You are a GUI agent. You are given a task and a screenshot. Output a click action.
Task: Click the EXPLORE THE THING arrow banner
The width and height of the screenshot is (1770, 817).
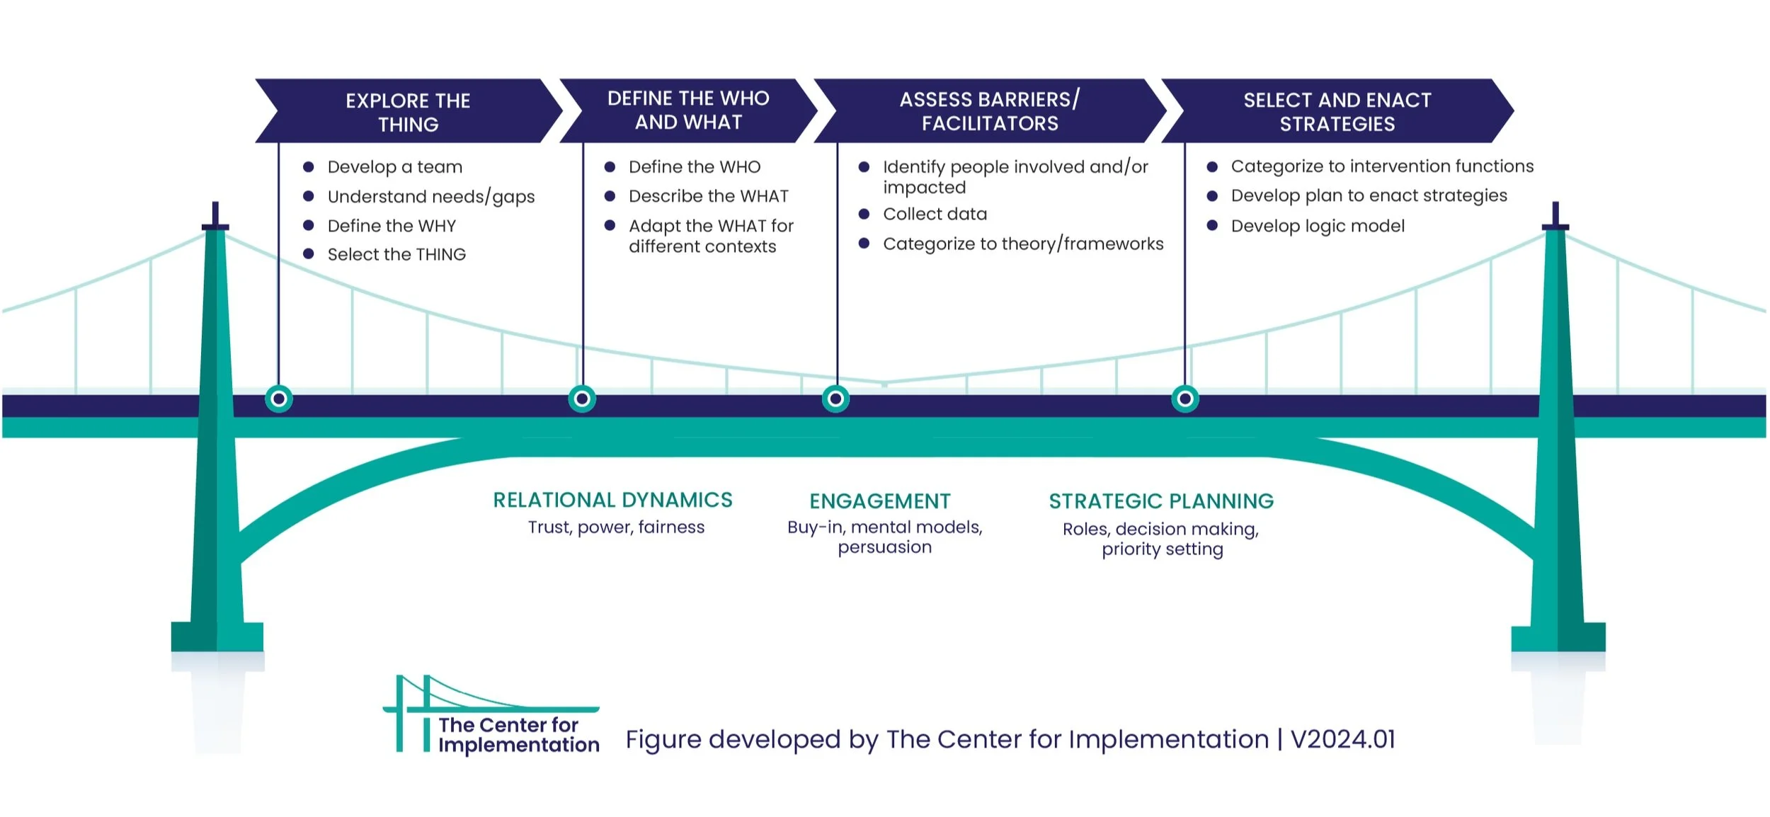point(408,112)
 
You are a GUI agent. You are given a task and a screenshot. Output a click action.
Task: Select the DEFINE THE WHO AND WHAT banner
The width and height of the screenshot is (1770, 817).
point(687,110)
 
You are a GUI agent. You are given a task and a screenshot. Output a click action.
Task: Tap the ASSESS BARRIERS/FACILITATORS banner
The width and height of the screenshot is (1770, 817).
point(989,111)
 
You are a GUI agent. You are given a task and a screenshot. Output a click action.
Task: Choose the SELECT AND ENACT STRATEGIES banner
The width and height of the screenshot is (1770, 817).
point(1337,112)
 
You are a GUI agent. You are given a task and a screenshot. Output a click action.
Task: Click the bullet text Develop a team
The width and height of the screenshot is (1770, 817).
point(394,167)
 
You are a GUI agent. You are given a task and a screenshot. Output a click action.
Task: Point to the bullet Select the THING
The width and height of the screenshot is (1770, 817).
point(396,255)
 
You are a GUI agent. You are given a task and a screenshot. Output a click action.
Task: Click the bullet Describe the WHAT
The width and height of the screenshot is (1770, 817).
point(708,196)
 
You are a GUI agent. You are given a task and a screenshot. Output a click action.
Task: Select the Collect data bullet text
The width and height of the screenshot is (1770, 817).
point(935,214)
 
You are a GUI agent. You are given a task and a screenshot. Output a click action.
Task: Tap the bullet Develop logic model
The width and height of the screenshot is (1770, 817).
point(1317,226)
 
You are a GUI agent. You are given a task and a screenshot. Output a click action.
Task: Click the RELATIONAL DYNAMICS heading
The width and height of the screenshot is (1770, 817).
point(612,501)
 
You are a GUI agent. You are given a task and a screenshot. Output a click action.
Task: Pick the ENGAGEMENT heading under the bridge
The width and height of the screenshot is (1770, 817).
point(879,501)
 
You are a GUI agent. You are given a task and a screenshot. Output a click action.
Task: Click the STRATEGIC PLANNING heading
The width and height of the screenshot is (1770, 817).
point(1161,501)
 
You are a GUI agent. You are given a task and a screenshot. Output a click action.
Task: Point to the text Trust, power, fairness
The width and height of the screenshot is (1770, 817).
point(616,527)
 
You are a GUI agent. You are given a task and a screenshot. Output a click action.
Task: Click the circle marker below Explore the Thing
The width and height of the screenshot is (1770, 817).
point(279,399)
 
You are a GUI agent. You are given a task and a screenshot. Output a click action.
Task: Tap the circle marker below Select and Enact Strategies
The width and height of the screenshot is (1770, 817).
point(1184,399)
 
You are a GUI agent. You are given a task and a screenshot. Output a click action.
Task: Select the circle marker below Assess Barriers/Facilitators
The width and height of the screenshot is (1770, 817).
point(835,399)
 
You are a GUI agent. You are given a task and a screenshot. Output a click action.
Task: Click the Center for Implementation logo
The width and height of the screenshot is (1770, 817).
point(491,715)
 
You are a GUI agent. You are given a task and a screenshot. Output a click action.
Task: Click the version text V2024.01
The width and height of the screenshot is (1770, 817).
point(1342,740)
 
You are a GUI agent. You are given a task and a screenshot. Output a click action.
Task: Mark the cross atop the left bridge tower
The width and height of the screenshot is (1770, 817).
point(215,217)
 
